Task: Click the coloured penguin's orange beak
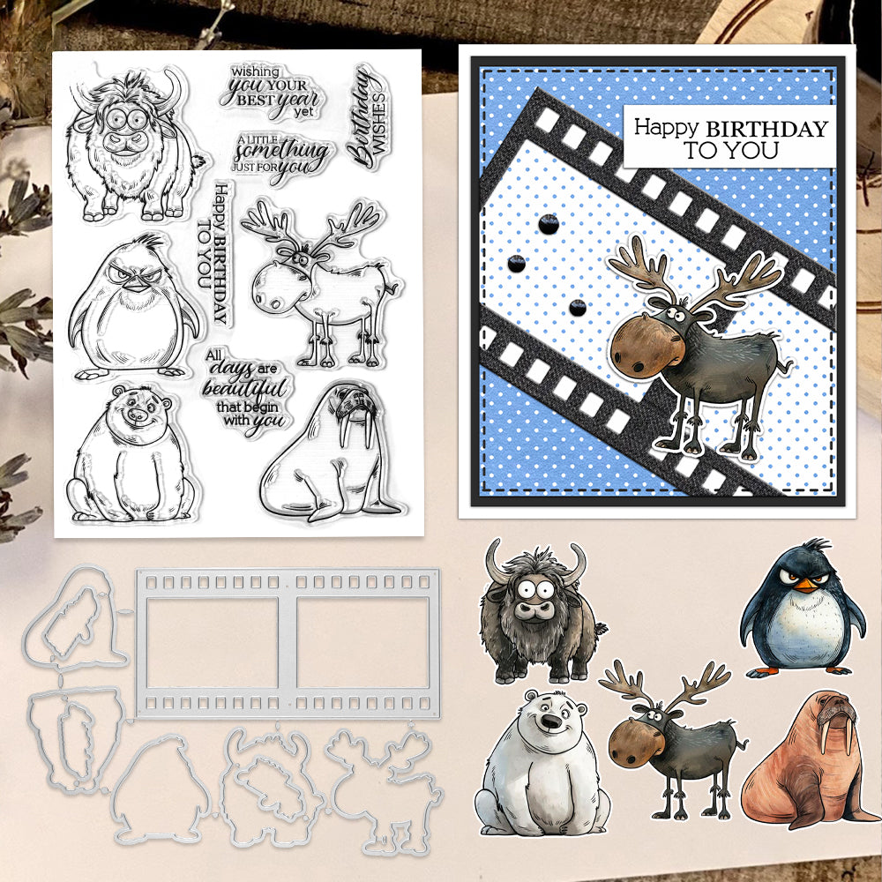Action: [x=808, y=585]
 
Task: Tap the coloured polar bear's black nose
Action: [x=551, y=722]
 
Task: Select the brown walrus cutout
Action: [x=809, y=760]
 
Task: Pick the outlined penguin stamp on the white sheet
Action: [x=134, y=308]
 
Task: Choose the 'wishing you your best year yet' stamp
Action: [x=270, y=91]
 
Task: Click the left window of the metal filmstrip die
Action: [x=212, y=643]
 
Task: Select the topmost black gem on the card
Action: [x=549, y=224]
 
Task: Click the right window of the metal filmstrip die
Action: [x=363, y=643]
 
